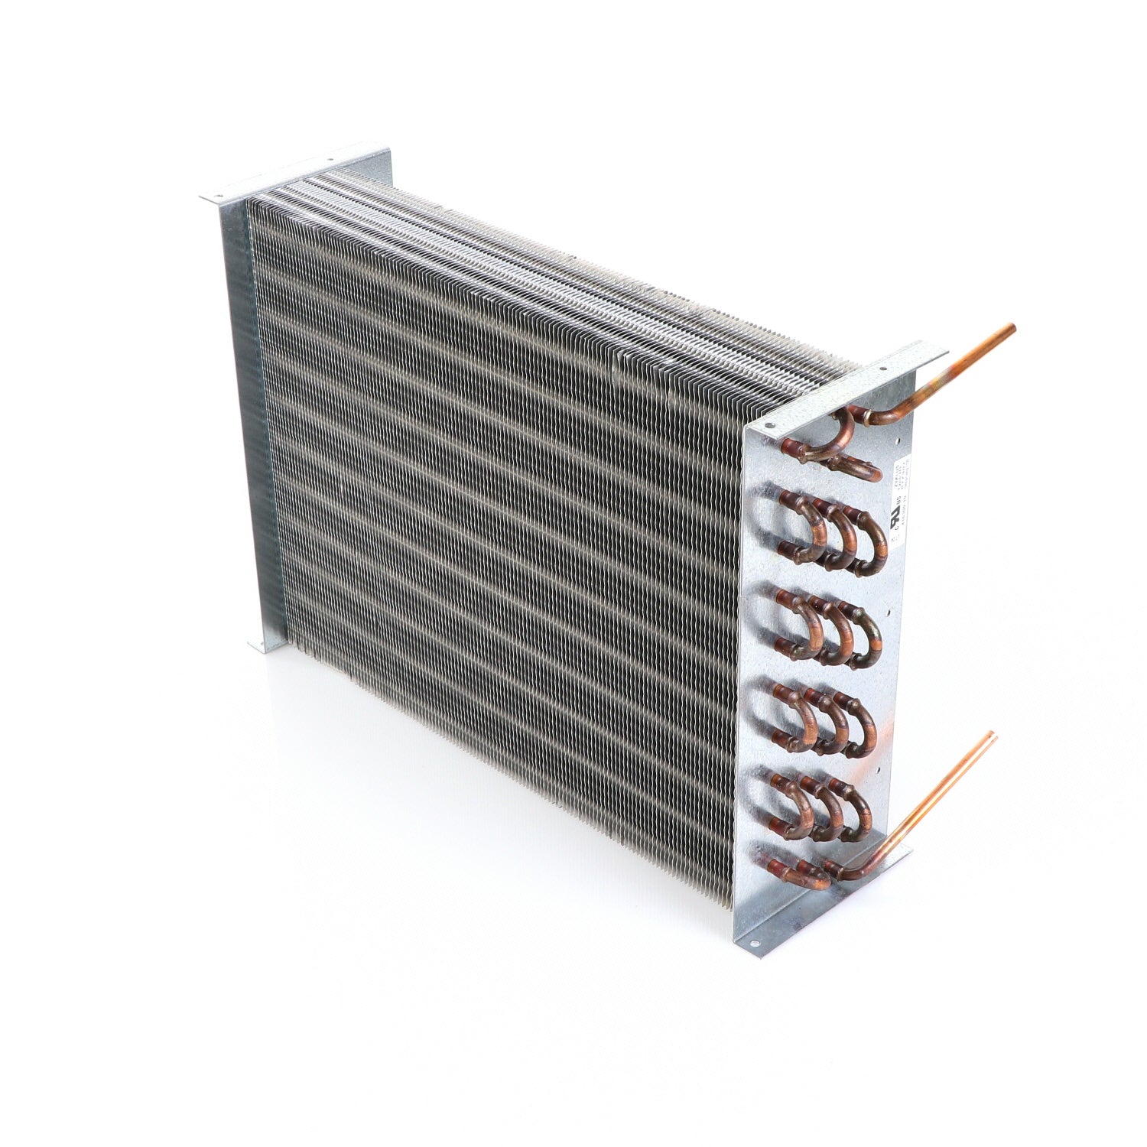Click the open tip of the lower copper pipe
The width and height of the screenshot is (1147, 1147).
993,736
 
